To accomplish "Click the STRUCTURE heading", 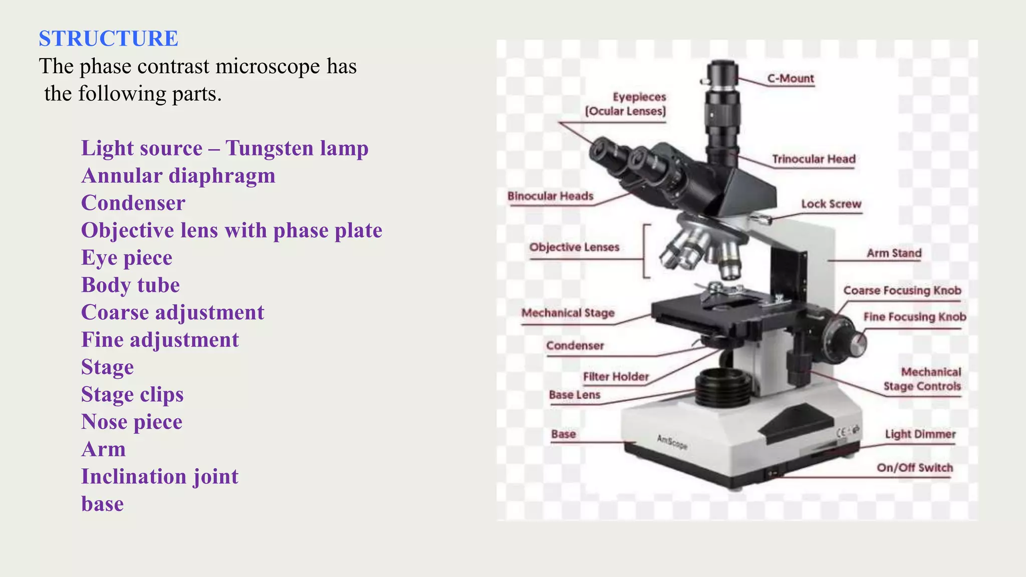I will (108, 39).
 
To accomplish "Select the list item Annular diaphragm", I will (178, 176).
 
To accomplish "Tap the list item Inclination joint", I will (160, 476).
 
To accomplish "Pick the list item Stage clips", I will (132, 394).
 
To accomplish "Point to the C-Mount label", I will (790, 79).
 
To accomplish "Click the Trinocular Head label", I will (813, 159).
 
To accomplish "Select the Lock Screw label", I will (831, 204).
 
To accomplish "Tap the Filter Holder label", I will (616, 377).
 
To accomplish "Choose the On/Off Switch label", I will (914, 468).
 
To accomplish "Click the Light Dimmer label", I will (920, 434).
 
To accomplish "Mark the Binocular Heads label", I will (550, 196).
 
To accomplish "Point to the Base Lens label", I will (574, 395).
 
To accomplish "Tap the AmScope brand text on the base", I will (672, 442).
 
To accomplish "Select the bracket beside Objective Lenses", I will (646, 251).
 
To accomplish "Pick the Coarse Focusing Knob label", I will (902, 291).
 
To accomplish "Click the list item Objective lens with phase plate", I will (231, 230).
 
